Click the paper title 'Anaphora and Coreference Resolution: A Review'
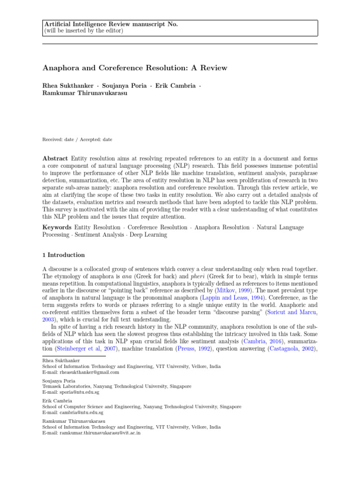pos(135,68)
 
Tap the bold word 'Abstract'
pos(55,159)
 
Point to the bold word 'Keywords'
pos(57,227)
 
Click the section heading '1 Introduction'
pos(64,255)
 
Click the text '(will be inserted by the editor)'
pos(83,30)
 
